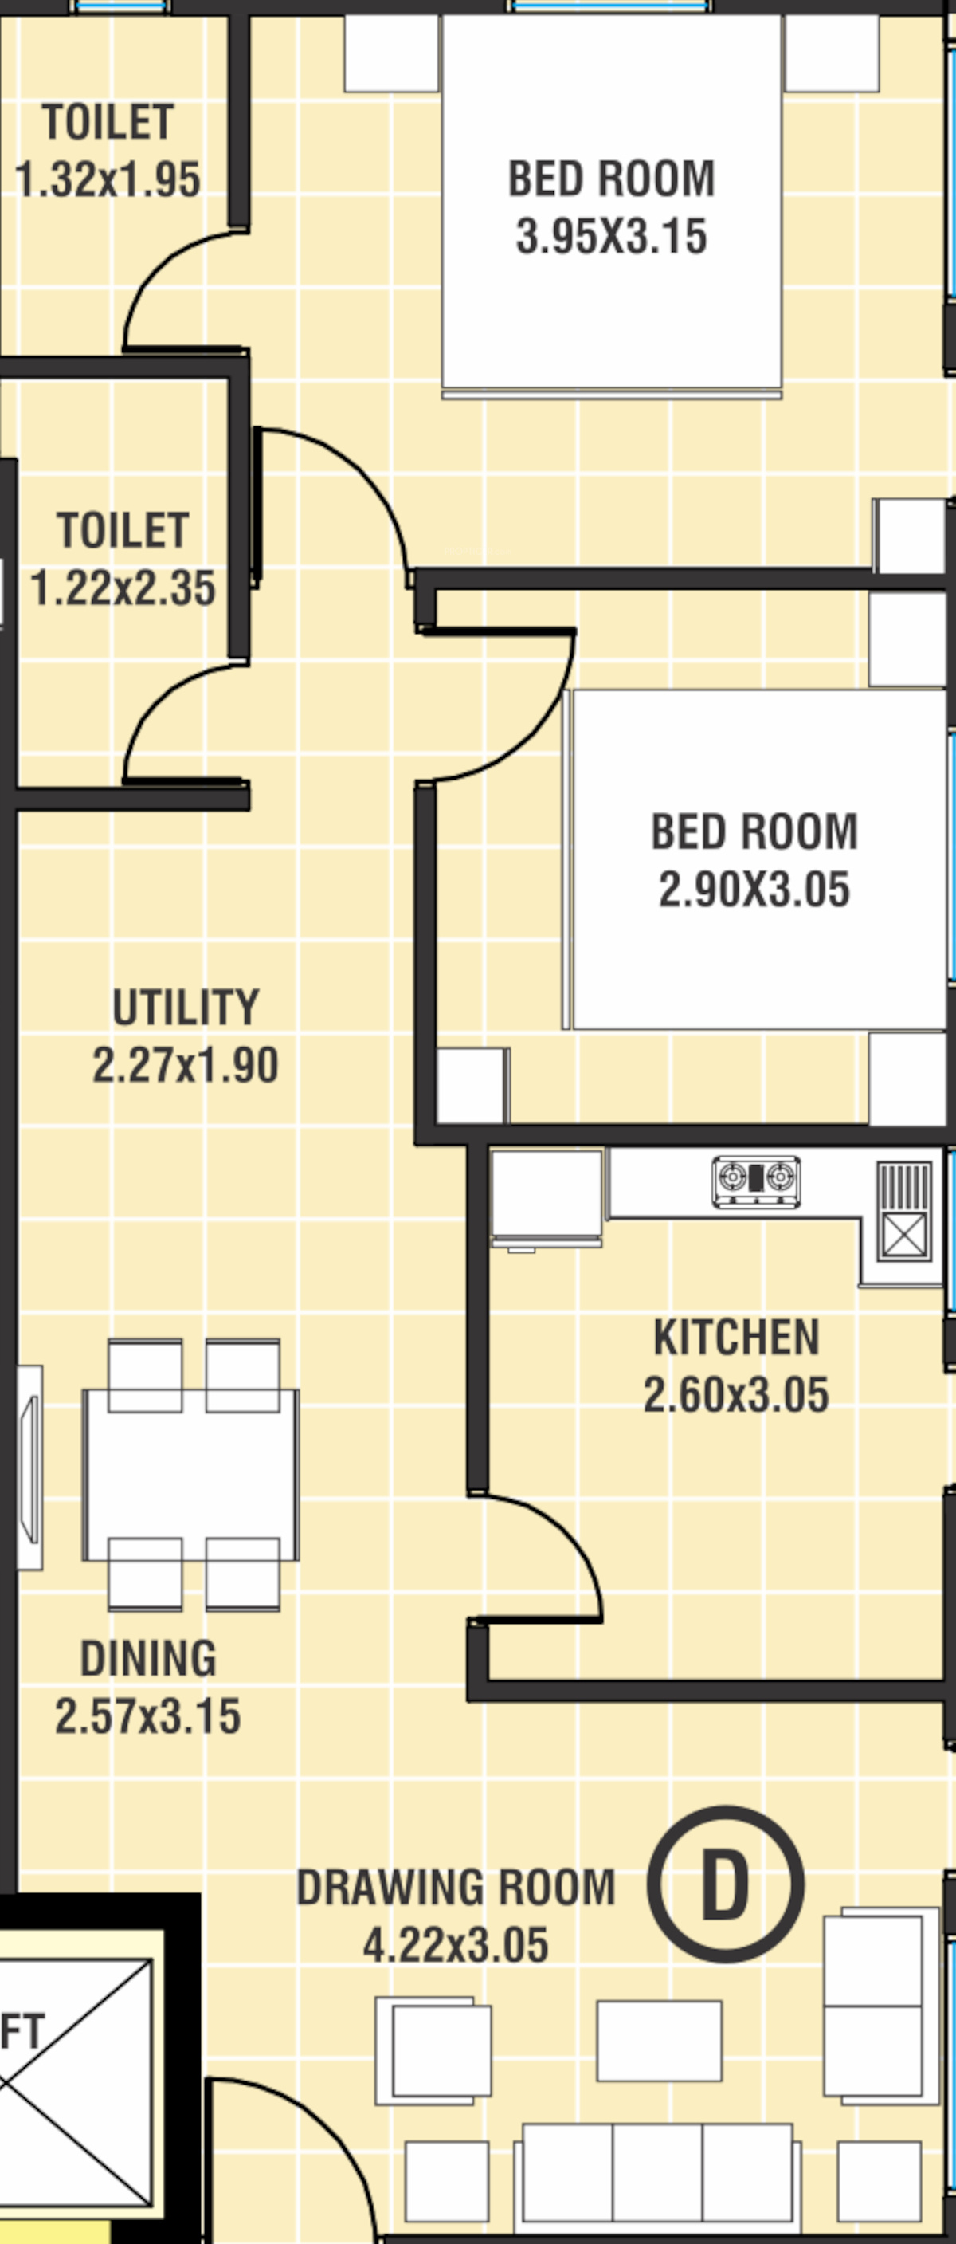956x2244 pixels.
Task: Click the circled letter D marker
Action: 725,1884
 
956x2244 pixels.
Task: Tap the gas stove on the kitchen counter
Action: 756,1181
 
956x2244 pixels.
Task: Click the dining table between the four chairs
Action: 190,1475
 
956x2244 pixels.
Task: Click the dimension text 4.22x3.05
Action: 456,1944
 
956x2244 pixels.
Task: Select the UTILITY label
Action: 186,1007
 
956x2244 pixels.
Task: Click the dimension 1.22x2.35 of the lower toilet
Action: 123,588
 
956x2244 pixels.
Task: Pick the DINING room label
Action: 148,1658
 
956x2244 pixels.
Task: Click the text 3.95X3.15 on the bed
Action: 611,236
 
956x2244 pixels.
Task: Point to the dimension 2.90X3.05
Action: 754,890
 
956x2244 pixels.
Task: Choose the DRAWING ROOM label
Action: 456,1887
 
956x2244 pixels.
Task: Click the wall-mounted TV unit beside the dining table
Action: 30,1467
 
